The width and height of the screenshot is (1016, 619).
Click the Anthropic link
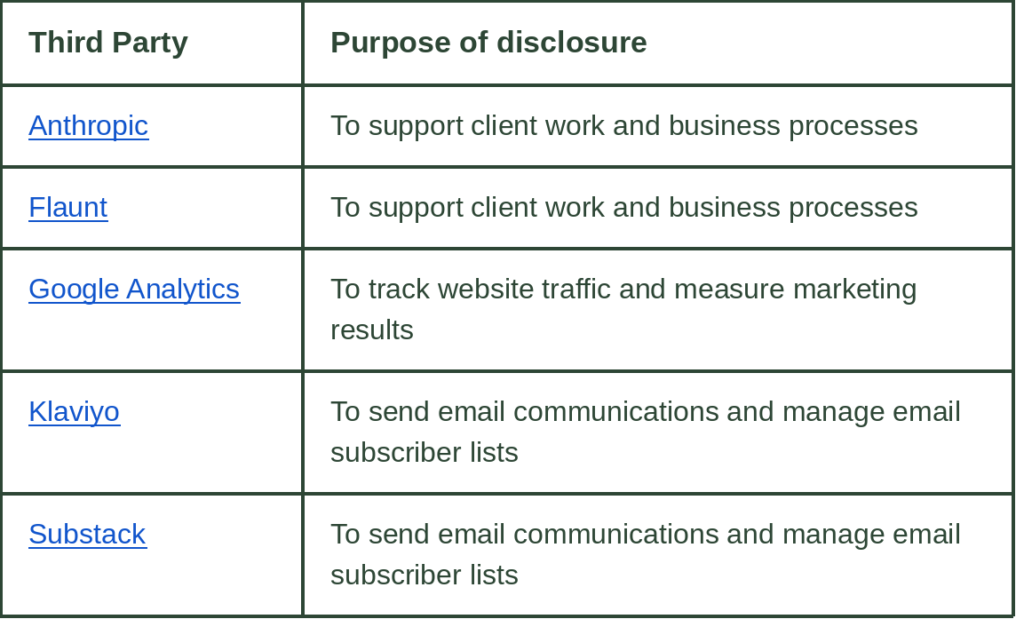89,126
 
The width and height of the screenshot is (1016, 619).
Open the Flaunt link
68,208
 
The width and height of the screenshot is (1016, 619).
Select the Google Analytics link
134,290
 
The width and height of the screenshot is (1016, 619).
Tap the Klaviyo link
75,411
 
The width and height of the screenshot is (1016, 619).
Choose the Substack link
87,534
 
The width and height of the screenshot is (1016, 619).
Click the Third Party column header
108,43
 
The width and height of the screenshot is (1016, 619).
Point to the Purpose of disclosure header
488,43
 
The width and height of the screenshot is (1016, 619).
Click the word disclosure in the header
572,43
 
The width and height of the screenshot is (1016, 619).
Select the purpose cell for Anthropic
624,126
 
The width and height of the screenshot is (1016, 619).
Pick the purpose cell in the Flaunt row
624,208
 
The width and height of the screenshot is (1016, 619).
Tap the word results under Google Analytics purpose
372,329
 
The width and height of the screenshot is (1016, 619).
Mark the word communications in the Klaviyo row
615,411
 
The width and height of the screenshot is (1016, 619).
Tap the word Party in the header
150,44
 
